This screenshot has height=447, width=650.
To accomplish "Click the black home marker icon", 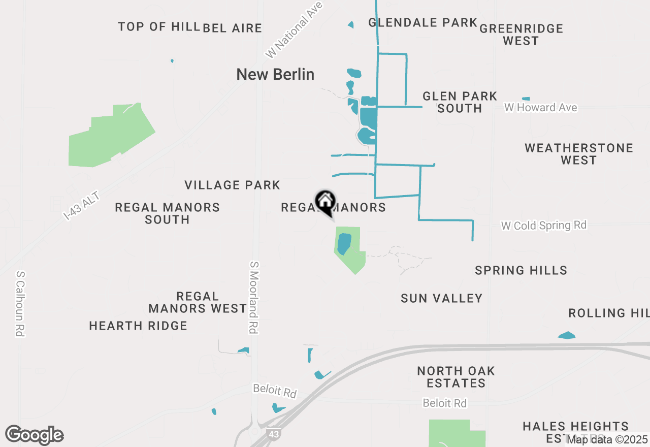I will coord(325,202).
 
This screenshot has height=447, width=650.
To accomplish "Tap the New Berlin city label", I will coord(275,74).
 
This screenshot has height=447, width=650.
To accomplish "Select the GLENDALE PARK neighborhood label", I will coord(422,22).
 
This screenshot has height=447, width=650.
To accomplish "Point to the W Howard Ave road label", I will coord(540,108).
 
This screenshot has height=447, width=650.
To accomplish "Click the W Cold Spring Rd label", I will coord(543,225).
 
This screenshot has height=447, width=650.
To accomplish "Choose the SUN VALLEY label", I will coord(441,298).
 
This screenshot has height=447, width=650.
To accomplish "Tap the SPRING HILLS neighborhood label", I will coord(521,270).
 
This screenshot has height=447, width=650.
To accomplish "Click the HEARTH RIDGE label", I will coord(138,326).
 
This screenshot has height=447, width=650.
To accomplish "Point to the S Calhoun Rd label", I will coord(20,303).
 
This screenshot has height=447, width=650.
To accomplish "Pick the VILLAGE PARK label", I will coord(232,185).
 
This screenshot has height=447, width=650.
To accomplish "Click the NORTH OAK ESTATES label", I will coord(456,377).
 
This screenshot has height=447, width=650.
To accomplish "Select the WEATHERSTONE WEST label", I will coord(578,154).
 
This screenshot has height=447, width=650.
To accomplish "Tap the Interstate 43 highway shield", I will coord(273,435).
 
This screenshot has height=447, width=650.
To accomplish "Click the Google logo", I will coord(34,435).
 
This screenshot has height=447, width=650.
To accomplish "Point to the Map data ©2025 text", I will coord(607,439).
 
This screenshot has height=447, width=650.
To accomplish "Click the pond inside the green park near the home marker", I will coord(344,243).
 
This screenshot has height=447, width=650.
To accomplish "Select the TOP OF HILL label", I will coord(158,26).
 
